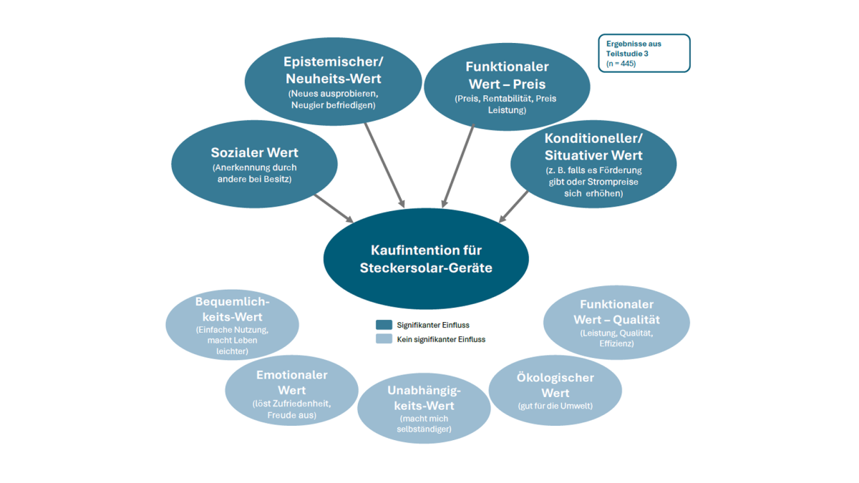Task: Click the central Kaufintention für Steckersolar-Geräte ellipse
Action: pos(426,259)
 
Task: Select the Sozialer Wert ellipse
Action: pos(254,164)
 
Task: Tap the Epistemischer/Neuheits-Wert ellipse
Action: pos(333,79)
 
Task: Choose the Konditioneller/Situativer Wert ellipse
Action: pos(593,164)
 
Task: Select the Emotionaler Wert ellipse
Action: pos(291,391)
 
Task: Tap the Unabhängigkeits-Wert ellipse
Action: pos(424,408)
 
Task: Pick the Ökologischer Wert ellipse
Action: pos(555,391)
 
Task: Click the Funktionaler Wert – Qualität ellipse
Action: pos(616,322)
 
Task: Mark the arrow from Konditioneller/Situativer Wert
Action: pos(515,206)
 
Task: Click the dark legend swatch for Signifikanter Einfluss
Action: pos(384,325)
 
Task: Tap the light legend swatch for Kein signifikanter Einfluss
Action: pos(384,339)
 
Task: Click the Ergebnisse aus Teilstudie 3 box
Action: pos(644,53)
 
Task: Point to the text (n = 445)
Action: pos(621,64)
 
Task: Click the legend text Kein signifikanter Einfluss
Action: pos(441,339)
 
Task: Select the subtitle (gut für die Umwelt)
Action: pos(555,406)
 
